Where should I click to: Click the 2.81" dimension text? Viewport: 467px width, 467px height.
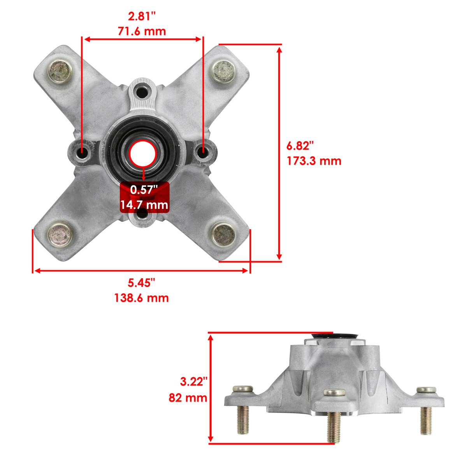[142, 17]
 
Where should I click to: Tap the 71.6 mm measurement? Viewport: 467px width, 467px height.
[142, 31]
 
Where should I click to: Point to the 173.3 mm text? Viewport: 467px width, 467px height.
[314, 160]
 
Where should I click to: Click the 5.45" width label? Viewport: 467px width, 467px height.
[141, 283]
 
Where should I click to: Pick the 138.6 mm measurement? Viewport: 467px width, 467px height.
[141, 298]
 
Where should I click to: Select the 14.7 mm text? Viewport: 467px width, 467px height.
[144, 204]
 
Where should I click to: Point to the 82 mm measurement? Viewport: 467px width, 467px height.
[188, 398]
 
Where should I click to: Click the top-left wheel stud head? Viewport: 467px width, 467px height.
[60, 71]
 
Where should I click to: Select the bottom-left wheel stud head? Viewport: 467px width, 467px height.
[60, 234]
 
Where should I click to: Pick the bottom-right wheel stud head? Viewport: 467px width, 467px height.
[223, 234]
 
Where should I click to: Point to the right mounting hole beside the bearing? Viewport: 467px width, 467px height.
[203, 151]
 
